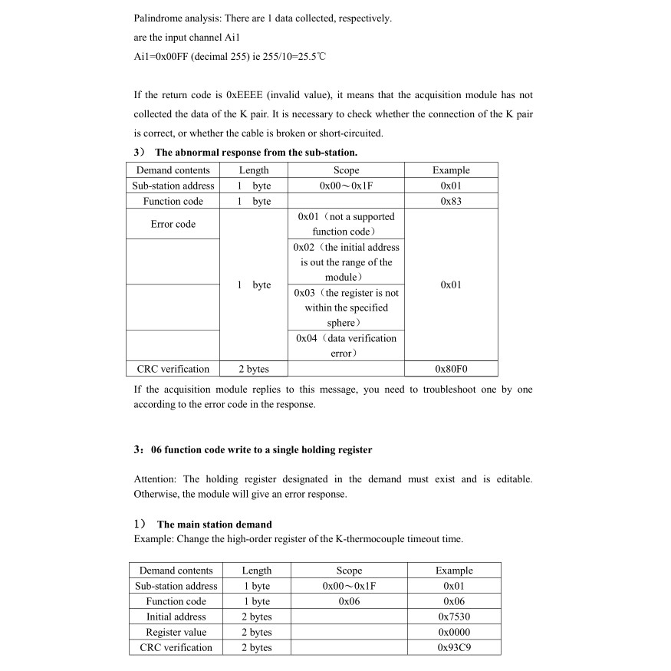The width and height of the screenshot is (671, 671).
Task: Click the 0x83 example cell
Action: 451,201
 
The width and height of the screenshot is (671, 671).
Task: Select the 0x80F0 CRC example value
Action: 451,369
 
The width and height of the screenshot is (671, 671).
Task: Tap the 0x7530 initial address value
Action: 454,617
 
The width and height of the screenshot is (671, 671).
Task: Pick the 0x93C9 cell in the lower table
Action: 454,647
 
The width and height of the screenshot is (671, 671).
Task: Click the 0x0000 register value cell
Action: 454,632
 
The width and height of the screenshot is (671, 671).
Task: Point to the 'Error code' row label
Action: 173,224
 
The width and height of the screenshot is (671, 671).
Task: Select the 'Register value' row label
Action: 176,632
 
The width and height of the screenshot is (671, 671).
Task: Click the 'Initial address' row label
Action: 176,617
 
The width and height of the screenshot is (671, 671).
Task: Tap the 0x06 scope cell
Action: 349,601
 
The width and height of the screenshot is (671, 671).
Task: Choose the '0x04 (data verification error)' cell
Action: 346,346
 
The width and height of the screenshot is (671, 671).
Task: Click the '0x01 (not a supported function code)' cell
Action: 346,224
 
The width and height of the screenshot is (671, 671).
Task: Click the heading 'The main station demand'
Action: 214,525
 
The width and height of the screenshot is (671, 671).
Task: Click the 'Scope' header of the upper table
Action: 346,170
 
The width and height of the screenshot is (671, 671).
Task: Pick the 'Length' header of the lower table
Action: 256,571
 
